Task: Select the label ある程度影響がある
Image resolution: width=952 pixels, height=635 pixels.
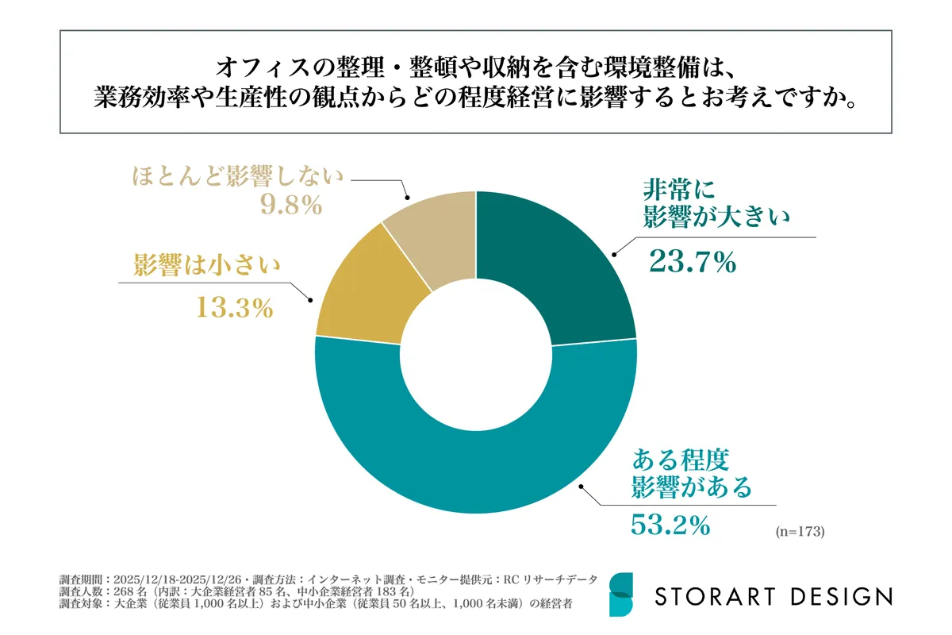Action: [690, 473]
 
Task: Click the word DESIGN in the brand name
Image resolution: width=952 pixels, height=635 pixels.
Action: [843, 595]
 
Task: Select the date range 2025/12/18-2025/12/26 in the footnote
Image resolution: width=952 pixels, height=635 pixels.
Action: [178, 578]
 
